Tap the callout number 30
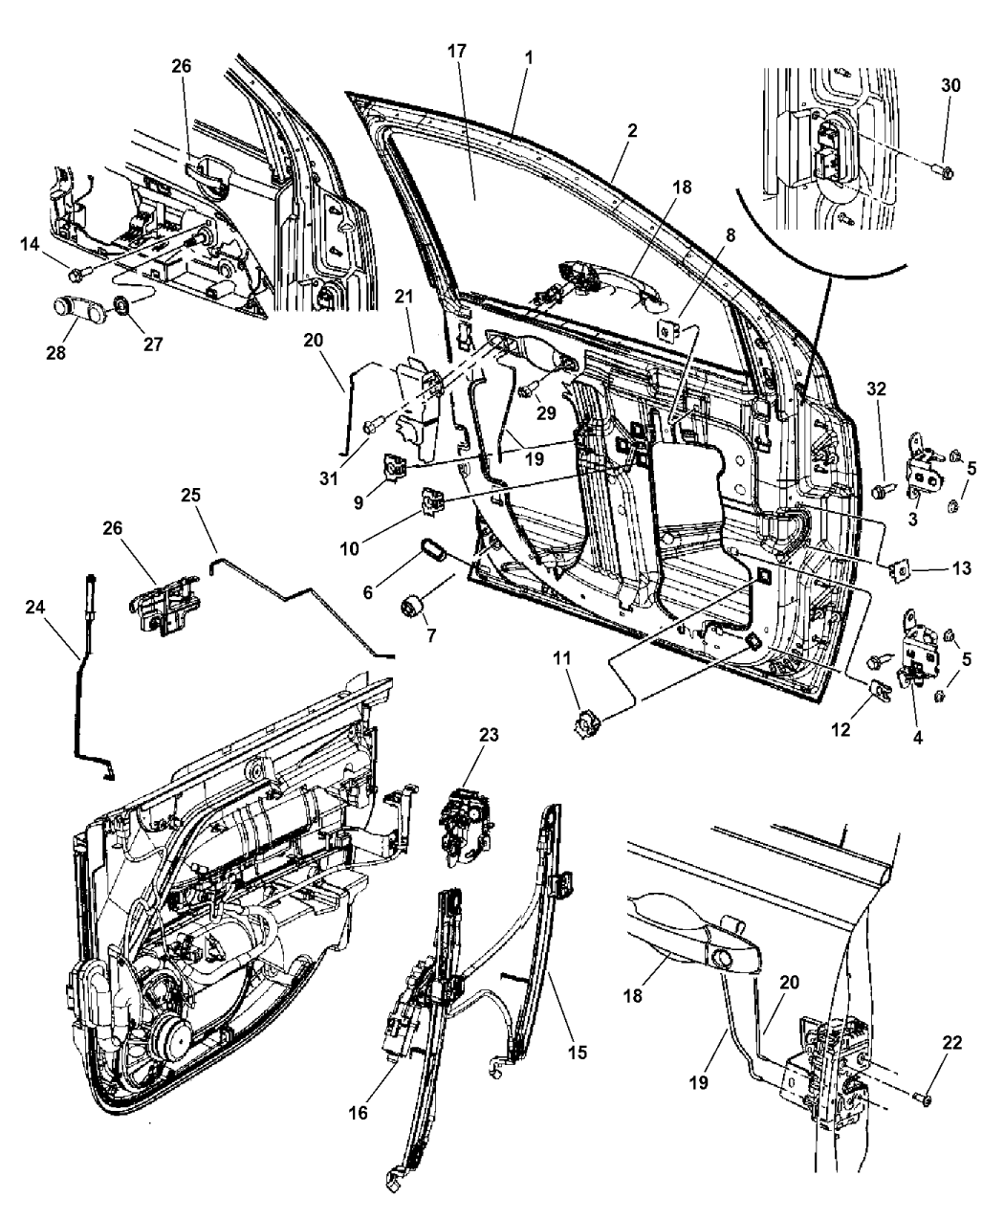[949, 85]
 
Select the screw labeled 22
[923, 1099]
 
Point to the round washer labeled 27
[123, 309]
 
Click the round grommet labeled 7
[413, 607]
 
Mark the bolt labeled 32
[879, 491]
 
